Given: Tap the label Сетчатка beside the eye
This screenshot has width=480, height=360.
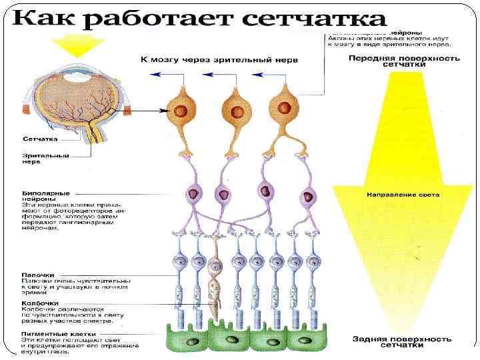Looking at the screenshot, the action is tap(39, 140).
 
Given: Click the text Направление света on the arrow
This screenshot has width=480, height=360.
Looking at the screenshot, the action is tap(403, 195).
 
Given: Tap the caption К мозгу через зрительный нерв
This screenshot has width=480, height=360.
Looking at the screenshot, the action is tap(219, 60).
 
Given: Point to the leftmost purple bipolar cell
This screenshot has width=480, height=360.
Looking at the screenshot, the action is tap(193, 195).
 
